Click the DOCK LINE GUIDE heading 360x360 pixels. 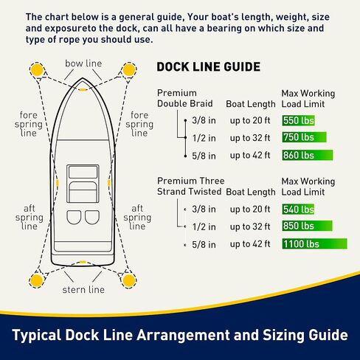coord(209,67)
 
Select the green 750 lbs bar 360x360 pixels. coord(305,137)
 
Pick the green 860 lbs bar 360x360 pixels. coord(308,155)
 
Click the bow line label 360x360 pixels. coord(83,63)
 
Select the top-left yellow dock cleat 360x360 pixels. coord(35,71)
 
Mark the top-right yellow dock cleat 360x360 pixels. coord(130,71)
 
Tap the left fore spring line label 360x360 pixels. coord(30,124)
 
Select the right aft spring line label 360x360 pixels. coord(137,218)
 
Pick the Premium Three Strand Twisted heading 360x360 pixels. coord(190,186)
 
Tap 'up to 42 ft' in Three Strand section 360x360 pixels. coord(250,243)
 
